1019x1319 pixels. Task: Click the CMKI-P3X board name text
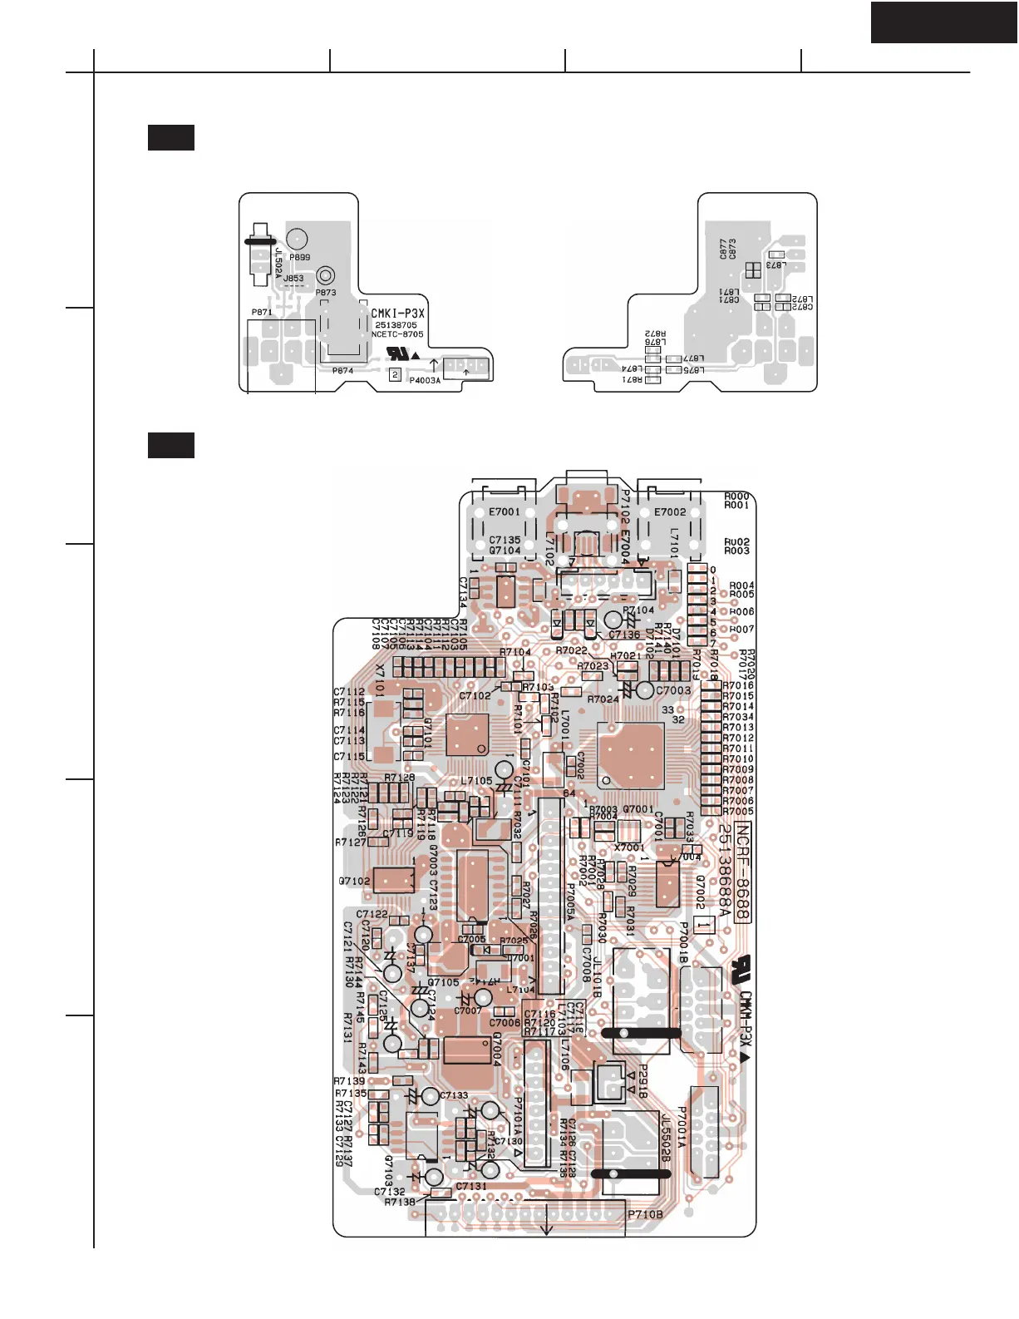pos(397,314)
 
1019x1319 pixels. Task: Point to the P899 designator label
pos(299,258)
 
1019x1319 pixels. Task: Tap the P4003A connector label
pos(425,381)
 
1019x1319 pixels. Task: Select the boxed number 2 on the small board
pos(396,375)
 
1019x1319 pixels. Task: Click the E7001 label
pos(504,512)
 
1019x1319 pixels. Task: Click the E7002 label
pos(670,512)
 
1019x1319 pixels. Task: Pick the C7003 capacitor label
pos(673,690)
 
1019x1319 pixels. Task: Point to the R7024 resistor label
pos(603,699)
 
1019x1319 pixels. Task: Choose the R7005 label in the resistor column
pos(738,812)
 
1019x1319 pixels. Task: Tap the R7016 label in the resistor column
pos(738,686)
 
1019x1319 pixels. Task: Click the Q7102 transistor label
pos(354,882)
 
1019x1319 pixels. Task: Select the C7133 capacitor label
pos(454,1096)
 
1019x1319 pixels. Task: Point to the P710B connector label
pos(645,1215)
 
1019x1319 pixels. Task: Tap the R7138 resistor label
pos(400,1203)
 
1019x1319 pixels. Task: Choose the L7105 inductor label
pos(476,781)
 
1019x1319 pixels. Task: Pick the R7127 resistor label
pos(351,842)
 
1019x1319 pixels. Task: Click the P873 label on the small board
pos(326,293)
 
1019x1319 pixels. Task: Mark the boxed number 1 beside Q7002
pos(703,924)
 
